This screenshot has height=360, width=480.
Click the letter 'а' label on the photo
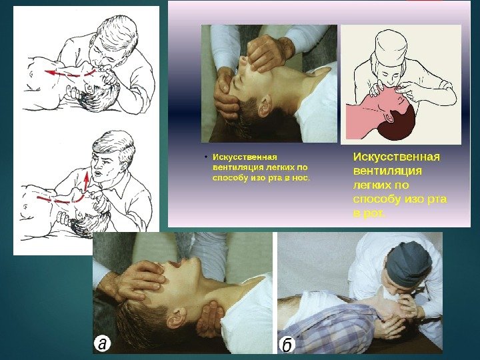103,344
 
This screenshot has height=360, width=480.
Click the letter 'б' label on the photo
287,345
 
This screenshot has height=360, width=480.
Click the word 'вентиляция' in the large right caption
387,171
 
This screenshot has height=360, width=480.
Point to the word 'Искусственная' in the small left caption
245,157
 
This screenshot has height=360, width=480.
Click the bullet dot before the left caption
206,157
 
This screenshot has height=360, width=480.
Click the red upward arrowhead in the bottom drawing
87,177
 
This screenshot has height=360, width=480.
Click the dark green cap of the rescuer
408,264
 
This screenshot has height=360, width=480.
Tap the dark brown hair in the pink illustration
398,125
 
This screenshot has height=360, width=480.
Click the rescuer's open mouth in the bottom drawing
98,173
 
